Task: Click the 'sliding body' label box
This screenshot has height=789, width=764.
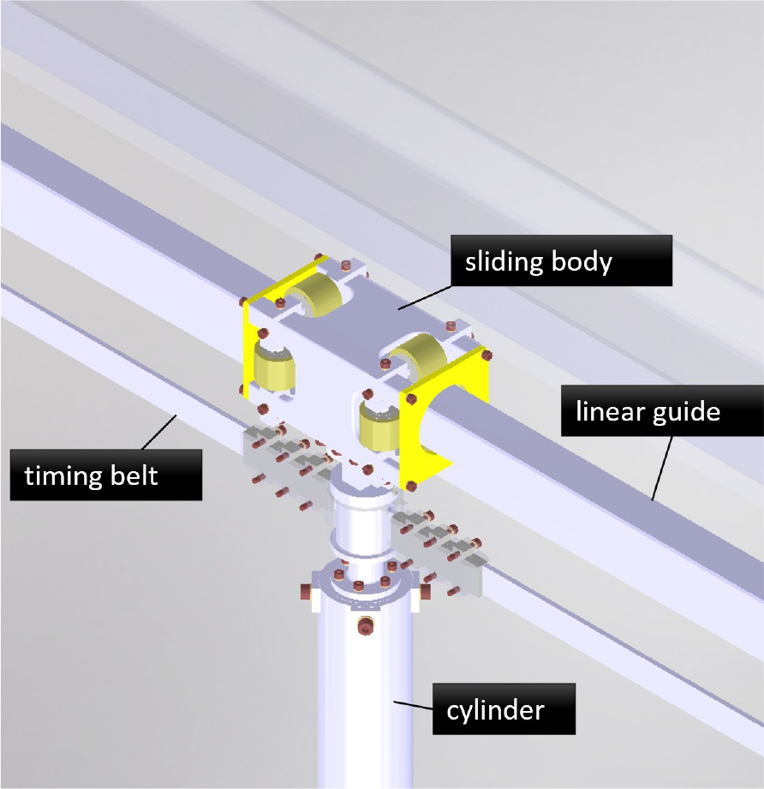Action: [561, 260]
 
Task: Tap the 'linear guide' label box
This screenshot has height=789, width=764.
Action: [662, 410]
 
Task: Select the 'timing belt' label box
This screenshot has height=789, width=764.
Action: [106, 475]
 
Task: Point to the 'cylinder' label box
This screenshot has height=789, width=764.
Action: [504, 709]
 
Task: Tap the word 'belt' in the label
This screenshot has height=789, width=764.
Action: [134, 475]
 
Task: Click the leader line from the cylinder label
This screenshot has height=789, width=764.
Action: [413, 705]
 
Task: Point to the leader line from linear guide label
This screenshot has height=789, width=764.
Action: [662, 468]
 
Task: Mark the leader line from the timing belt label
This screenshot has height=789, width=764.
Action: [159, 433]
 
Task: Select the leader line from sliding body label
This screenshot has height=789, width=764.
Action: [425, 297]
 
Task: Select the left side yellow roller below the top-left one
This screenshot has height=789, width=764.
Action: [273, 368]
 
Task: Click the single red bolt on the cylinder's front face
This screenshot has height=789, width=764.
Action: [366, 627]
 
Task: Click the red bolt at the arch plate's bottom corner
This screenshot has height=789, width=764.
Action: [411, 486]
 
